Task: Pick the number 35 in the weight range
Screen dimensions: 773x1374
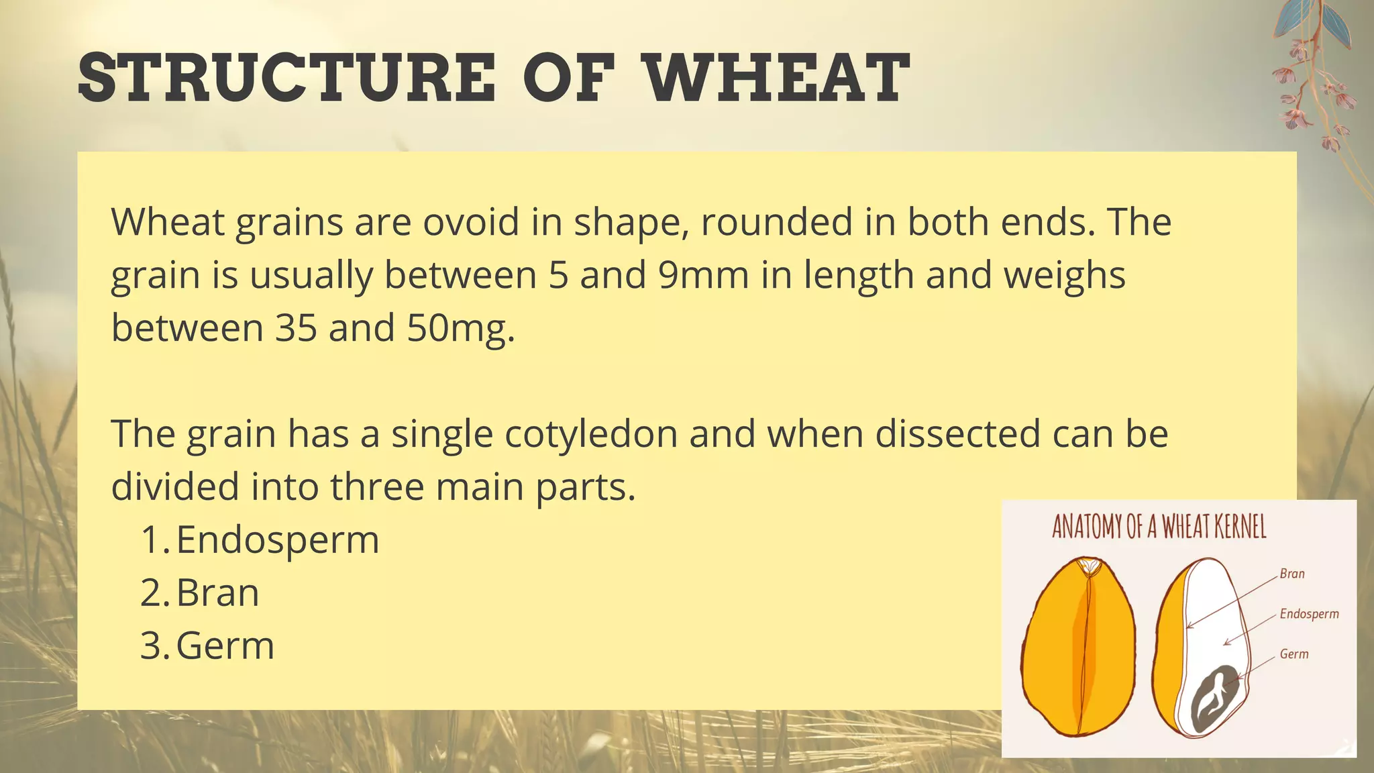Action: (296, 328)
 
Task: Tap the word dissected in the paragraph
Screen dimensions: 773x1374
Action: (957, 433)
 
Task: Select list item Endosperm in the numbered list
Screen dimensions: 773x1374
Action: (278, 539)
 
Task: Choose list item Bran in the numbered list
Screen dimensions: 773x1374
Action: (217, 592)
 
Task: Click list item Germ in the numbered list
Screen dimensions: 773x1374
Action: (225, 646)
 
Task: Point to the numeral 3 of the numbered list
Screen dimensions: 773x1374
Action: (151, 646)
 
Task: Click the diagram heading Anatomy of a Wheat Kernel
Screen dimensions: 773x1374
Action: (1159, 527)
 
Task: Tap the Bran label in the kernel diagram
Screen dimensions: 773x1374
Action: (1292, 574)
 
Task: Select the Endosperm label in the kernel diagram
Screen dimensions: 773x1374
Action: (1309, 614)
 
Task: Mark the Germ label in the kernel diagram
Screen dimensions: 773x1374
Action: (1294, 654)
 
